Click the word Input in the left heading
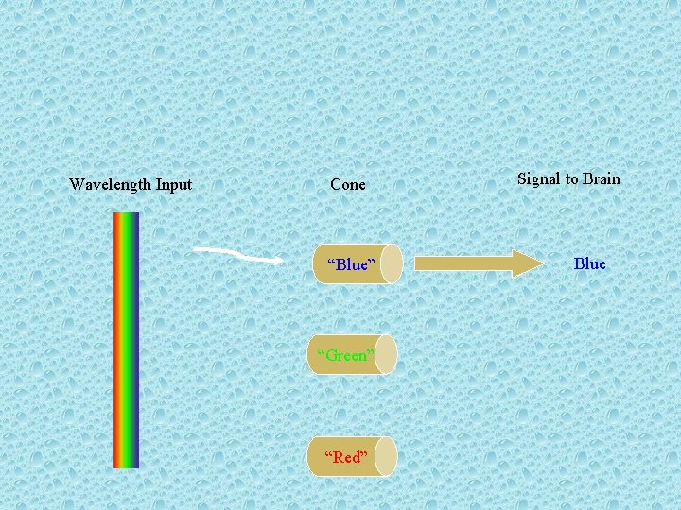173,185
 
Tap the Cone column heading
348,185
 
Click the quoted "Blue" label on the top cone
351,264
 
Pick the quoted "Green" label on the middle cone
345,355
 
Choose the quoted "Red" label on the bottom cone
345,457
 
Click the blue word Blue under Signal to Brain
590,263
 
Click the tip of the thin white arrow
281,260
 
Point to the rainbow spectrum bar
126,340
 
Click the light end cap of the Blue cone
392,264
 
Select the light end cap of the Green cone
386,355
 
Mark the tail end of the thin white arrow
196,248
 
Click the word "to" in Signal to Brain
571,178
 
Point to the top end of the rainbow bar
126,215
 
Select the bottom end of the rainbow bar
126,465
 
